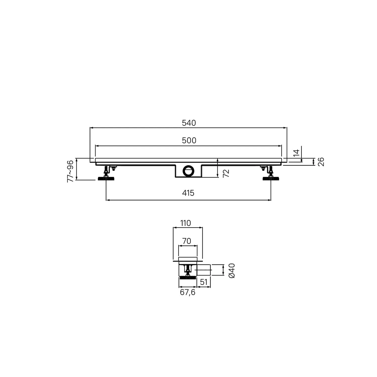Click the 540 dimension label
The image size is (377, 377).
coord(189,123)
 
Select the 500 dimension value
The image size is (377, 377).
coord(189,140)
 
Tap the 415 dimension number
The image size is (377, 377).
coord(188,193)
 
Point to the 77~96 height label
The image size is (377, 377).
coord(70,171)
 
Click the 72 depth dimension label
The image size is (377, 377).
coord(226,173)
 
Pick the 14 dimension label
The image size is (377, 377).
coord(297,153)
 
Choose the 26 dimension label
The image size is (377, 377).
coord(321,162)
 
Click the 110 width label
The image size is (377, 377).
coord(185,223)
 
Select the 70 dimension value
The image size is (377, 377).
coord(186,241)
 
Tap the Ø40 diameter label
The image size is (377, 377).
coord(232,270)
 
